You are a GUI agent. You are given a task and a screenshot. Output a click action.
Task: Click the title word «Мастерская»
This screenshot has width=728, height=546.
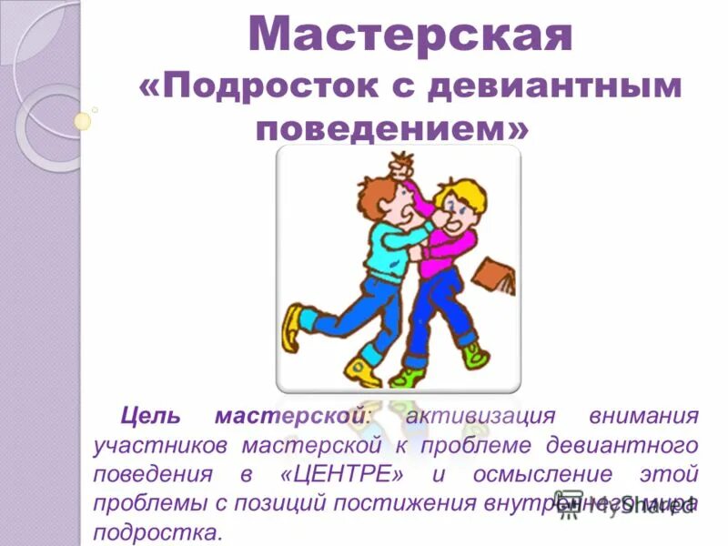coord(409,35)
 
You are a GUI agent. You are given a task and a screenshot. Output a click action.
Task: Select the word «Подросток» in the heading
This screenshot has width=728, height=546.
coord(274,86)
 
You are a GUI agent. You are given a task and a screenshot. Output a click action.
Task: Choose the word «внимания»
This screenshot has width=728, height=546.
coord(644,417)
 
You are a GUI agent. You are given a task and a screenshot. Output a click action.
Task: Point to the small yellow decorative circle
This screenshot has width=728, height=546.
coord(83,121)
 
